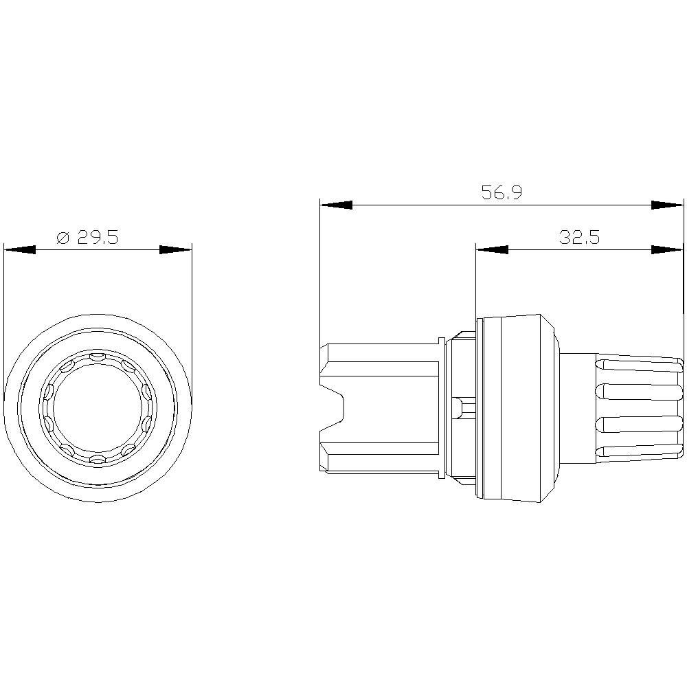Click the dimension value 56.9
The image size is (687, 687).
click(501, 193)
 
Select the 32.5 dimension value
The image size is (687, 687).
click(579, 238)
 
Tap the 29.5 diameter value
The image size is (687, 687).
click(98, 238)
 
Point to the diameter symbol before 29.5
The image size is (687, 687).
click(62, 238)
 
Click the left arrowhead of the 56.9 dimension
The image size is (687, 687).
click(336, 205)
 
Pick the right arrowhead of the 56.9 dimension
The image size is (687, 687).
click(667, 205)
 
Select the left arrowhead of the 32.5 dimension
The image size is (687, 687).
click(492, 249)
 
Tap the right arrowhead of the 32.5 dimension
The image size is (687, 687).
click(667, 249)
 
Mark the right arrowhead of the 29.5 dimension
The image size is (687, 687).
click(175, 249)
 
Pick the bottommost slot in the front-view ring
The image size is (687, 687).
click(98, 458)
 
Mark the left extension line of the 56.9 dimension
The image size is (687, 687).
click(320, 275)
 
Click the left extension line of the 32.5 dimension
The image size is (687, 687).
click(476, 282)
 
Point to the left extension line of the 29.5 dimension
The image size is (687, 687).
click(4, 309)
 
